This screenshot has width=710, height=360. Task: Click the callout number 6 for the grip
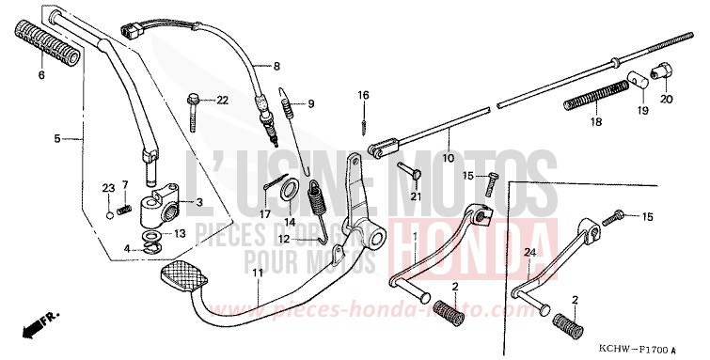39,74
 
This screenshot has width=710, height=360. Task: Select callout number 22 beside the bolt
222,100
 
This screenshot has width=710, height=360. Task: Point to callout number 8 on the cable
276,67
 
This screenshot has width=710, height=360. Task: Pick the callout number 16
363,94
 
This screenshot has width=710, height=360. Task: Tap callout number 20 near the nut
666,99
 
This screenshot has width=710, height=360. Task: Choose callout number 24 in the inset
529,253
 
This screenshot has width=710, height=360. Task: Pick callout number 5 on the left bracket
57,138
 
